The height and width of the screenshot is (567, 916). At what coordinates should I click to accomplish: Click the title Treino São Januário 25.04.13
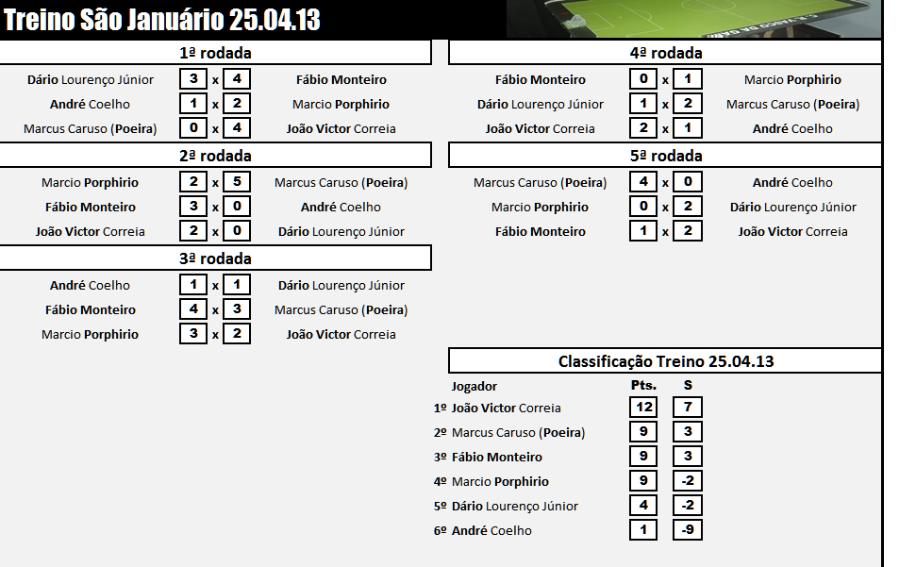tap(162, 20)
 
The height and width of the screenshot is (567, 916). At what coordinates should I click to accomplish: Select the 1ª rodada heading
tap(215, 53)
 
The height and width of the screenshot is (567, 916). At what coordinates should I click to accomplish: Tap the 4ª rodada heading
tap(665, 53)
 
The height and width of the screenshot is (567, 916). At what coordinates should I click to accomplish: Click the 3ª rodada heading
tap(215, 258)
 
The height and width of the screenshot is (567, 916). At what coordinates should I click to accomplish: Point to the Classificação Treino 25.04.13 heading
tap(665, 361)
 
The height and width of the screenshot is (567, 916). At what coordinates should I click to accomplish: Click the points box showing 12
tap(643, 408)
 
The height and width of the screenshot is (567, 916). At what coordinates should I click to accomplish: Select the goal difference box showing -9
tap(688, 530)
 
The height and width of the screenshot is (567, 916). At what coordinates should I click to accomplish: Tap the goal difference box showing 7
tap(688, 408)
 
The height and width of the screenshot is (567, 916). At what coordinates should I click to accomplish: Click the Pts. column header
tap(643, 386)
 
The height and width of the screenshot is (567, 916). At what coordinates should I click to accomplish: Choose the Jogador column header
tap(475, 386)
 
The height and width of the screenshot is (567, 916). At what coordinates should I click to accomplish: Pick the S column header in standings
tap(688, 386)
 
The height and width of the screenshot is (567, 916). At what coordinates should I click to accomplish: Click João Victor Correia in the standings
tap(507, 409)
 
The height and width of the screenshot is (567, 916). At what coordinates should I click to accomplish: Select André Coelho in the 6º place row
tap(491, 531)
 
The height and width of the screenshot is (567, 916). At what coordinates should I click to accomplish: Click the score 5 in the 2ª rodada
tap(237, 182)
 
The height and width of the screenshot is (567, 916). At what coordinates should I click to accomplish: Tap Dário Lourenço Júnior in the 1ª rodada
tap(91, 80)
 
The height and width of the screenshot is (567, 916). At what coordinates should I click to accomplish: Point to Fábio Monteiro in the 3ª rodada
tap(91, 309)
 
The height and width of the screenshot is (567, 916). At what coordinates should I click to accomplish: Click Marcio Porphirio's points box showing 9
tap(643, 481)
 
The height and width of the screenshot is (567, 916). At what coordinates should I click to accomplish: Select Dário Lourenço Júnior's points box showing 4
tap(643, 506)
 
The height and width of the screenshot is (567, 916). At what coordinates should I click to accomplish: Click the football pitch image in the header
tap(693, 19)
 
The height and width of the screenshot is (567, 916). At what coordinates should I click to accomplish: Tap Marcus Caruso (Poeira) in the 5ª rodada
tap(540, 183)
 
